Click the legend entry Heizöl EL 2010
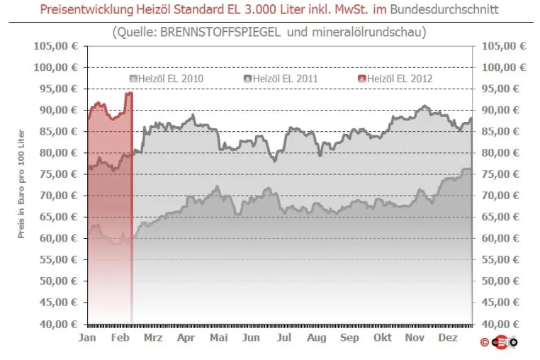[167, 79]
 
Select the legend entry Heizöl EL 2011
[281, 79]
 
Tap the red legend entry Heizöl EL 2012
[395, 79]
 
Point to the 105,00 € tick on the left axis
[56, 46]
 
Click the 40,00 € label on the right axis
[500, 324]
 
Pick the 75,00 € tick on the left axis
[59, 174]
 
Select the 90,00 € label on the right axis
[500, 111]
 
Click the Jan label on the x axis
[87, 337]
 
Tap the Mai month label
[219, 337]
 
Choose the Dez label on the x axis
[448, 337]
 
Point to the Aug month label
[317, 338]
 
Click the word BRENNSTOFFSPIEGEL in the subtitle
[220, 32]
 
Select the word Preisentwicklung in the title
[86, 9]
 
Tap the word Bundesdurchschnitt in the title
[444, 9]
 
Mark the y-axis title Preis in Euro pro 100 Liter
[21, 184]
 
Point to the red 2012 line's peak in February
[129, 93]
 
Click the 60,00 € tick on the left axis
[59, 238]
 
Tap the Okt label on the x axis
[382, 337]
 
